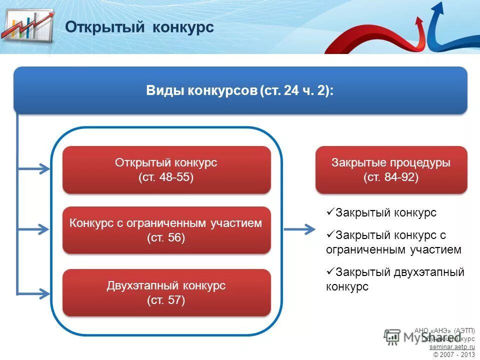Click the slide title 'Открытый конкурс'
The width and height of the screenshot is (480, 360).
[139, 27]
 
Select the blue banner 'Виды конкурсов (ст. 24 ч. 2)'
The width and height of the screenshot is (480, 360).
[240, 90]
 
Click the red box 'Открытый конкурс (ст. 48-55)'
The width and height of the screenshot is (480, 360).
[166, 170]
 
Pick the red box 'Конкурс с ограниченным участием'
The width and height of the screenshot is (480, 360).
[166, 230]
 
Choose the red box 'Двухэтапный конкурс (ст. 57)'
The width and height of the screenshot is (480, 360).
[166, 293]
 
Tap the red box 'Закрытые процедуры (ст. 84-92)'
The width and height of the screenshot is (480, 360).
[391, 170]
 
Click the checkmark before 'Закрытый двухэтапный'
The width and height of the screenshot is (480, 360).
[329, 271]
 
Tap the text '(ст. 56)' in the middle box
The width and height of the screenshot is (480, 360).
[166, 237]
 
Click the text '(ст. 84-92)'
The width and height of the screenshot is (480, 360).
[391, 177]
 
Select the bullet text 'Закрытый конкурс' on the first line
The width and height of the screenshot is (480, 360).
[385, 212]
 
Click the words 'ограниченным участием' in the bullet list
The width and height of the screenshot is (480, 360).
[393, 249]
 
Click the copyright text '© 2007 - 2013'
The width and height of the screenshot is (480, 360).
[453, 354]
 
